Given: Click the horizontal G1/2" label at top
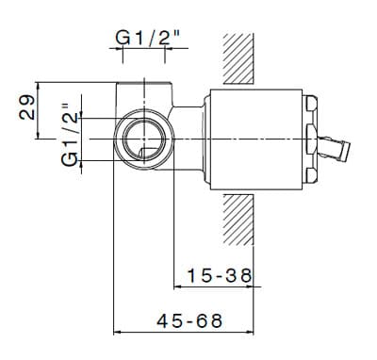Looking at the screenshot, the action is [148, 38].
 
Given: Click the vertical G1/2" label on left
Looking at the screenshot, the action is [70, 135].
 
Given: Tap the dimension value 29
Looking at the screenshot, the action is [26, 107].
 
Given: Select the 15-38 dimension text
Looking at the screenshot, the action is [220, 275].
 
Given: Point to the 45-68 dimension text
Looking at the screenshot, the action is [189, 321].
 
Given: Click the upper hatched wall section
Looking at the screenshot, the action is [238, 58].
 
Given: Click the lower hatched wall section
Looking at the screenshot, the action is [238, 220].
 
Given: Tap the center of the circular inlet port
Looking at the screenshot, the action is [144, 139].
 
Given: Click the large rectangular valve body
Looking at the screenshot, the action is [256, 139].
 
